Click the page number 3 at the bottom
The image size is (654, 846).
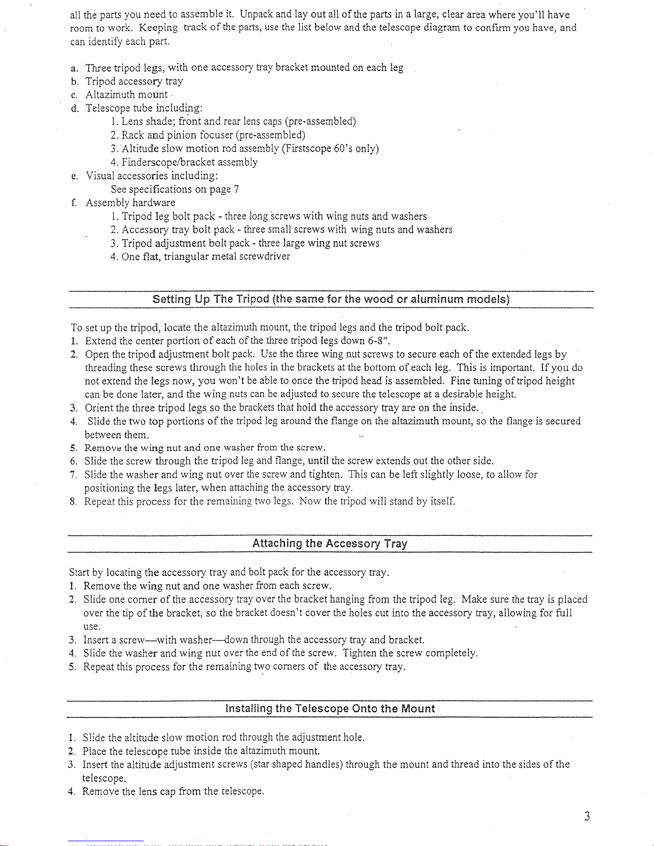tap(586, 817)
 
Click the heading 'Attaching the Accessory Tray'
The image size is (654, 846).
tap(329, 544)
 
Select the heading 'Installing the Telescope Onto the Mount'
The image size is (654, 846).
tap(330, 709)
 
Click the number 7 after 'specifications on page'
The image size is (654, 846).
tap(236, 189)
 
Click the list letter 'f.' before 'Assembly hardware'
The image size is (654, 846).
tap(73, 203)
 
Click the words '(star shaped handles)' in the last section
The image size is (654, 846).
tap(296, 765)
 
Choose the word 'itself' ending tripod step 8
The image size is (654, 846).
tap(442, 502)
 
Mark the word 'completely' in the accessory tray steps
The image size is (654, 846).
tap(451, 653)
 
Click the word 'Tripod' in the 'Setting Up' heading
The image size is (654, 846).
tap(253, 299)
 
